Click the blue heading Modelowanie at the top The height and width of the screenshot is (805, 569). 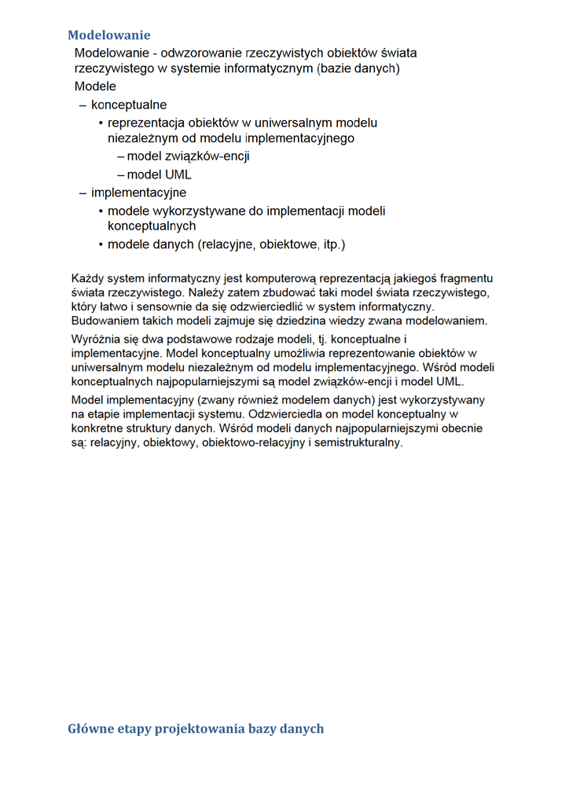pyautogui.click(x=108, y=35)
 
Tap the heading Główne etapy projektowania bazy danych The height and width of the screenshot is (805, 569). pyautogui.click(x=196, y=729)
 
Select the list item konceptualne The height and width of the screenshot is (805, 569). pyautogui.click(x=129, y=105)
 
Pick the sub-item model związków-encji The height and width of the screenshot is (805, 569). pyautogui.click(x=188, y=156)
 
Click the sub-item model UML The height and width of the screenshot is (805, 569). pyautogui.click(x=159, y=175)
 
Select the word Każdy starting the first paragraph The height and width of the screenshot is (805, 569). pyautogui.click(x=87, y=278)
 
